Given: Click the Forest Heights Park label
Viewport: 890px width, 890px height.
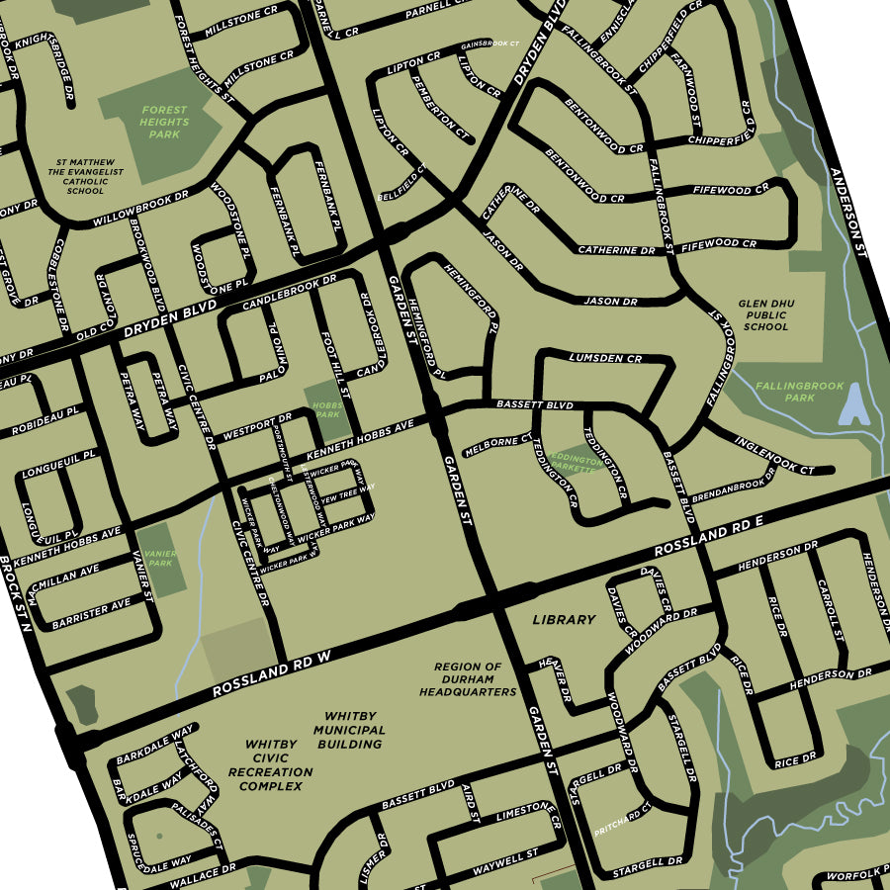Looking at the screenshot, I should pyautogui.click(x=164, y=123).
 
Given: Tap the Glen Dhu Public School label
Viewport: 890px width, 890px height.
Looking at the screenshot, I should pyautogui.click(x=765, y=315).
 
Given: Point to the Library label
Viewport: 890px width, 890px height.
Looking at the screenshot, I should pyautogui.click(x=564, y=620).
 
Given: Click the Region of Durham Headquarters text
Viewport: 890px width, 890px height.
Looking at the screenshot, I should pyautogui.click(x=467, y=679).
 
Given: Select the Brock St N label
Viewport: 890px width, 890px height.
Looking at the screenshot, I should pyautogui.click(x=16, y=593).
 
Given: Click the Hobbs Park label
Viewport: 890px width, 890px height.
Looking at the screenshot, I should pyautogui.click(x=325, y=410).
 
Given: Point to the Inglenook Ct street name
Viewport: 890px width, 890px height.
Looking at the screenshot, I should pyautogui.click(x=774, y=455).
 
